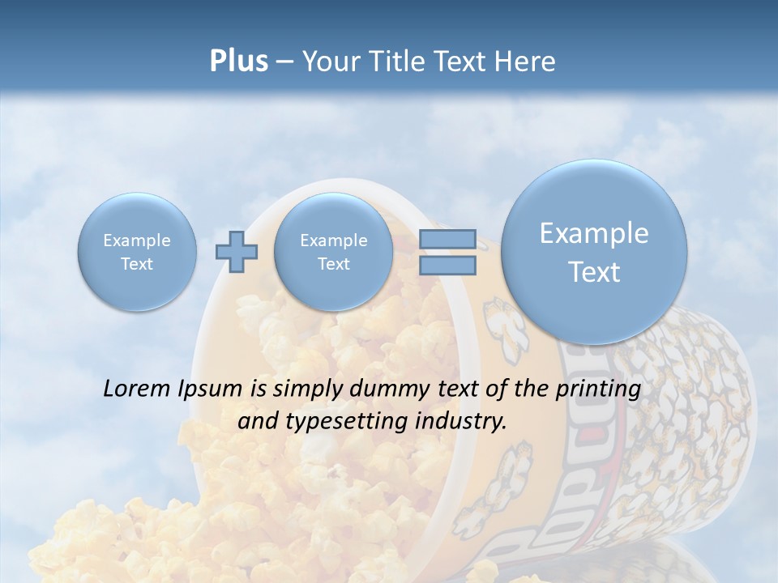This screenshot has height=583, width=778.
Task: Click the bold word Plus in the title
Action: point(238,62)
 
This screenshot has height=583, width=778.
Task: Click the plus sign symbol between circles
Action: point(237,252)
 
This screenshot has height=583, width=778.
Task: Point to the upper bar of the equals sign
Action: point(447,239)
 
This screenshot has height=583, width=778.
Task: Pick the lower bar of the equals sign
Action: point(447,265)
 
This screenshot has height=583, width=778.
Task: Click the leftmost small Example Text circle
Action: point(137,252)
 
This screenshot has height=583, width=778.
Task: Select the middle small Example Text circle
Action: point(333,252)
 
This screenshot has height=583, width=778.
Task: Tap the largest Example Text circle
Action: point(594,252)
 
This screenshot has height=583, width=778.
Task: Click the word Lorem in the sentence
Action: point(138,389)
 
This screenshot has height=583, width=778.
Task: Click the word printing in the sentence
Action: point(598,389)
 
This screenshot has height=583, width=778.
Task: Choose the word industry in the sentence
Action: point(464,421)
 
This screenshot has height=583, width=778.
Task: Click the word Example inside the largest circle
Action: point(594,233)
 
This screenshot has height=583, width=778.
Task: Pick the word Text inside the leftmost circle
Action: point(137,264)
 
